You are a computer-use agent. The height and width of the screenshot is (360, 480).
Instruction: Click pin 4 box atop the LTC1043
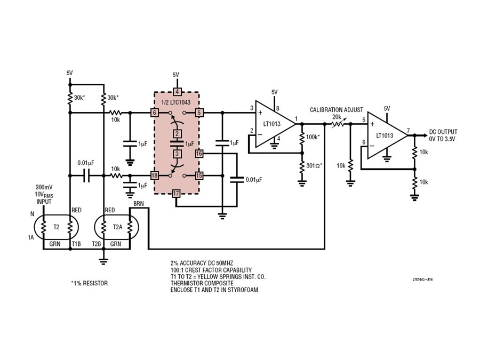pos(177,92)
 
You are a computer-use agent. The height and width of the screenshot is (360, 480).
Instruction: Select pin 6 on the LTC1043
pos(154,113)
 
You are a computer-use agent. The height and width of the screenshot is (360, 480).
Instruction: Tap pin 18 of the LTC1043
pos(154,175)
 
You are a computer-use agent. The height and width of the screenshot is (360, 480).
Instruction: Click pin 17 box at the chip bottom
pos(175,194)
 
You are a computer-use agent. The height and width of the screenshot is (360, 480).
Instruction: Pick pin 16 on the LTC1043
pos(199,154)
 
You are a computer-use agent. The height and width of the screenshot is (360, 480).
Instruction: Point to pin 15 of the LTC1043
pos(199,175)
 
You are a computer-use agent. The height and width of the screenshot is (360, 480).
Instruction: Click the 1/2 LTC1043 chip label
pos(175,102)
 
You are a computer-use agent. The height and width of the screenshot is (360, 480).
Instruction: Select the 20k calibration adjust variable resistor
pos(337,124)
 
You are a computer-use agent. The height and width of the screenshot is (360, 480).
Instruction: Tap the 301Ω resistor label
pos(314,166)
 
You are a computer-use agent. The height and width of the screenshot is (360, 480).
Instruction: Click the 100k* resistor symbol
pos(302,138)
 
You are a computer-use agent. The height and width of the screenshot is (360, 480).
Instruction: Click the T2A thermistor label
pos(117,227)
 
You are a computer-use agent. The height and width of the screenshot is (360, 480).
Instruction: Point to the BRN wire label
pos(138,204)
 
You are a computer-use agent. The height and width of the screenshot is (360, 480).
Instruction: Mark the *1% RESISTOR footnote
pos(89,283)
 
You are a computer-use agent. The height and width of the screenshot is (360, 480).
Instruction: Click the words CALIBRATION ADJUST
pos(337,109)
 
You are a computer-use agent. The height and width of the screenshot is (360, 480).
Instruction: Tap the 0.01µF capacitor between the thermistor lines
pos(86,175)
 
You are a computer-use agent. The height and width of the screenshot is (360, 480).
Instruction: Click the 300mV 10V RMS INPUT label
pos(44,194)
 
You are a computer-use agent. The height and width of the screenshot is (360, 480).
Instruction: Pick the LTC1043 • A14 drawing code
pos(422,279)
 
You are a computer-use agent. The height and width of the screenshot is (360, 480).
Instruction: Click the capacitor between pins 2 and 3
pos(177,143)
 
